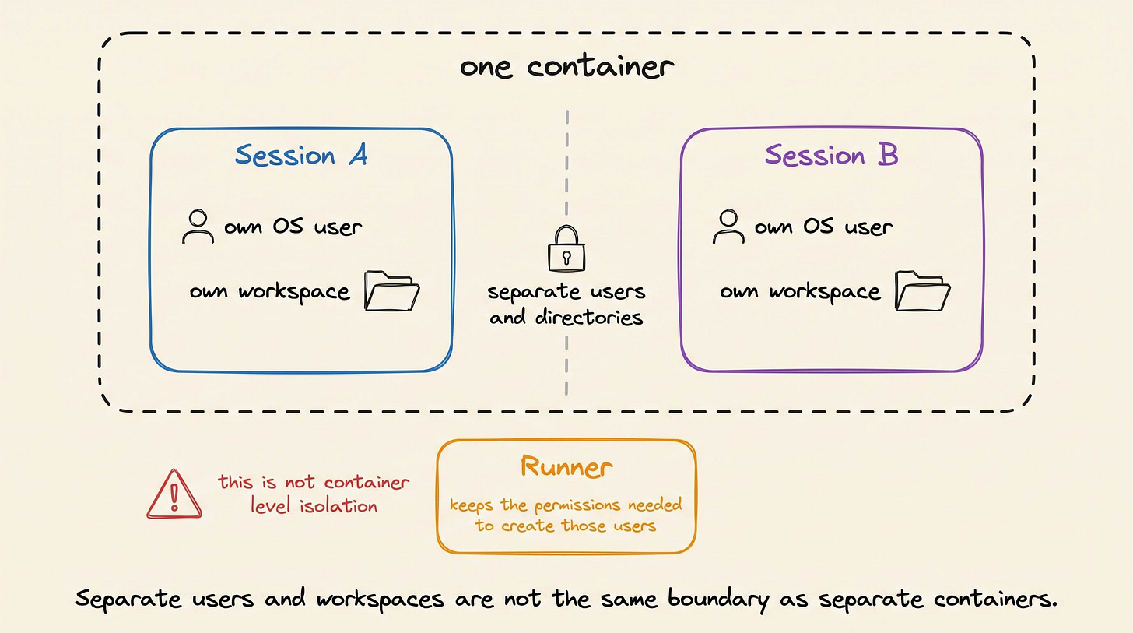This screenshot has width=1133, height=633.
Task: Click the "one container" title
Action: (566, 67)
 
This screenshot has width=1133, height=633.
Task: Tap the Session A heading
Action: (301, 155)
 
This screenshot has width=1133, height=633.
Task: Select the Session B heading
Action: (832, 155)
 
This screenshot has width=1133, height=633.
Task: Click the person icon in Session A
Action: (198, 227)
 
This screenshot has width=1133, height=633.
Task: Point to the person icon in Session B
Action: (728, 227)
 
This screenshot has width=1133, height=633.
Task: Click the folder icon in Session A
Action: (391, 291)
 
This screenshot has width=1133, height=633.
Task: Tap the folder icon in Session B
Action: (922, 291)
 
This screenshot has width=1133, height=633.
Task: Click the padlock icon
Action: (566, 249)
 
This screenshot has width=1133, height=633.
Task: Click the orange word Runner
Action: (566, 466)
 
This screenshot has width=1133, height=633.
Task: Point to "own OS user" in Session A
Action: (293, 227)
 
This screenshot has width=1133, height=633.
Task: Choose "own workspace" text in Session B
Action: (800, 292)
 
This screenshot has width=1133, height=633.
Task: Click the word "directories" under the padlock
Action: (589, 317)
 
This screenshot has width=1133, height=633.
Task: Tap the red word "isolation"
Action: (338, 505)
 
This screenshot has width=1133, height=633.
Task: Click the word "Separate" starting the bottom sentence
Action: (128, 599)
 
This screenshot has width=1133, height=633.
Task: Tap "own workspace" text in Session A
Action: (269, 292)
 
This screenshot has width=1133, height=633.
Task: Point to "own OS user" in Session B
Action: (823, 227)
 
